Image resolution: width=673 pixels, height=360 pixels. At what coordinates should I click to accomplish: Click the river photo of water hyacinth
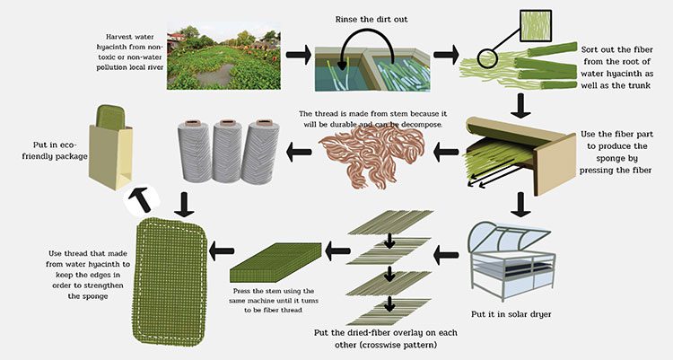point(223,56)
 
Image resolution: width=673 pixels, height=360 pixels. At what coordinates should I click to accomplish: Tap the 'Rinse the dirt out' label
point(371,20)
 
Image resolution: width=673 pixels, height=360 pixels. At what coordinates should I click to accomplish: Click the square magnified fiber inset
point(536,26)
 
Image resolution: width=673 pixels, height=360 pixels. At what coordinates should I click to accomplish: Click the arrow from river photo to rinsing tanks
point(298,55)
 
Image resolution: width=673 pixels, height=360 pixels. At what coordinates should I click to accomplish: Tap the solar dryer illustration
point(511,261)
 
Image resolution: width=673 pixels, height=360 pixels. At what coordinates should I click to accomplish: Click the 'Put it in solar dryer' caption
point(511,314)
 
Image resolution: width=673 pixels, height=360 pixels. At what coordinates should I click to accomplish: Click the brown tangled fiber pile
point(371,157)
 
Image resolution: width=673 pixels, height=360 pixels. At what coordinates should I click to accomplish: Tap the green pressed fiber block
point(275,261)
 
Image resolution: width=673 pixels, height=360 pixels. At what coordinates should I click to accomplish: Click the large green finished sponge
point(170,282)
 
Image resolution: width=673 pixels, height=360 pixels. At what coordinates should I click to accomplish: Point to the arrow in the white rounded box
point(142,200)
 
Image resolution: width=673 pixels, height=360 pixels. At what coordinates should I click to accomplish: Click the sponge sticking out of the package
point(109,118)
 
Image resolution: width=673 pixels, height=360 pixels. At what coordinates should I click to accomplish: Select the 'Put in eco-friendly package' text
point(55,151)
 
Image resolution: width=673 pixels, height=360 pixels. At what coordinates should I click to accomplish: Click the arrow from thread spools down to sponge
point(185,204)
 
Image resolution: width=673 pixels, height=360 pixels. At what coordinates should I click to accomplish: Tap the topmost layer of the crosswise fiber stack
point(390,222)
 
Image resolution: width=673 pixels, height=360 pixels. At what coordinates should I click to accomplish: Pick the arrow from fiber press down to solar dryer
point(521,205)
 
